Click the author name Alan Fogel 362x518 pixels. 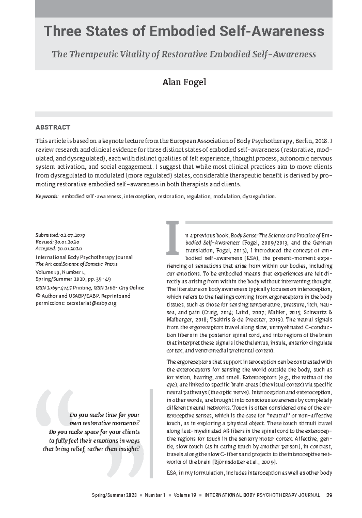tap(184, 82)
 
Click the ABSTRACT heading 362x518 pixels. tap(53, 127)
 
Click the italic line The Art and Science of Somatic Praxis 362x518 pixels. tap(76, 264)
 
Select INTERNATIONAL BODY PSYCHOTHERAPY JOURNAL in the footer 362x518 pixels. tap(262, 495)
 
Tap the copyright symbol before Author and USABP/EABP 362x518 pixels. tap(38, 296)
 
